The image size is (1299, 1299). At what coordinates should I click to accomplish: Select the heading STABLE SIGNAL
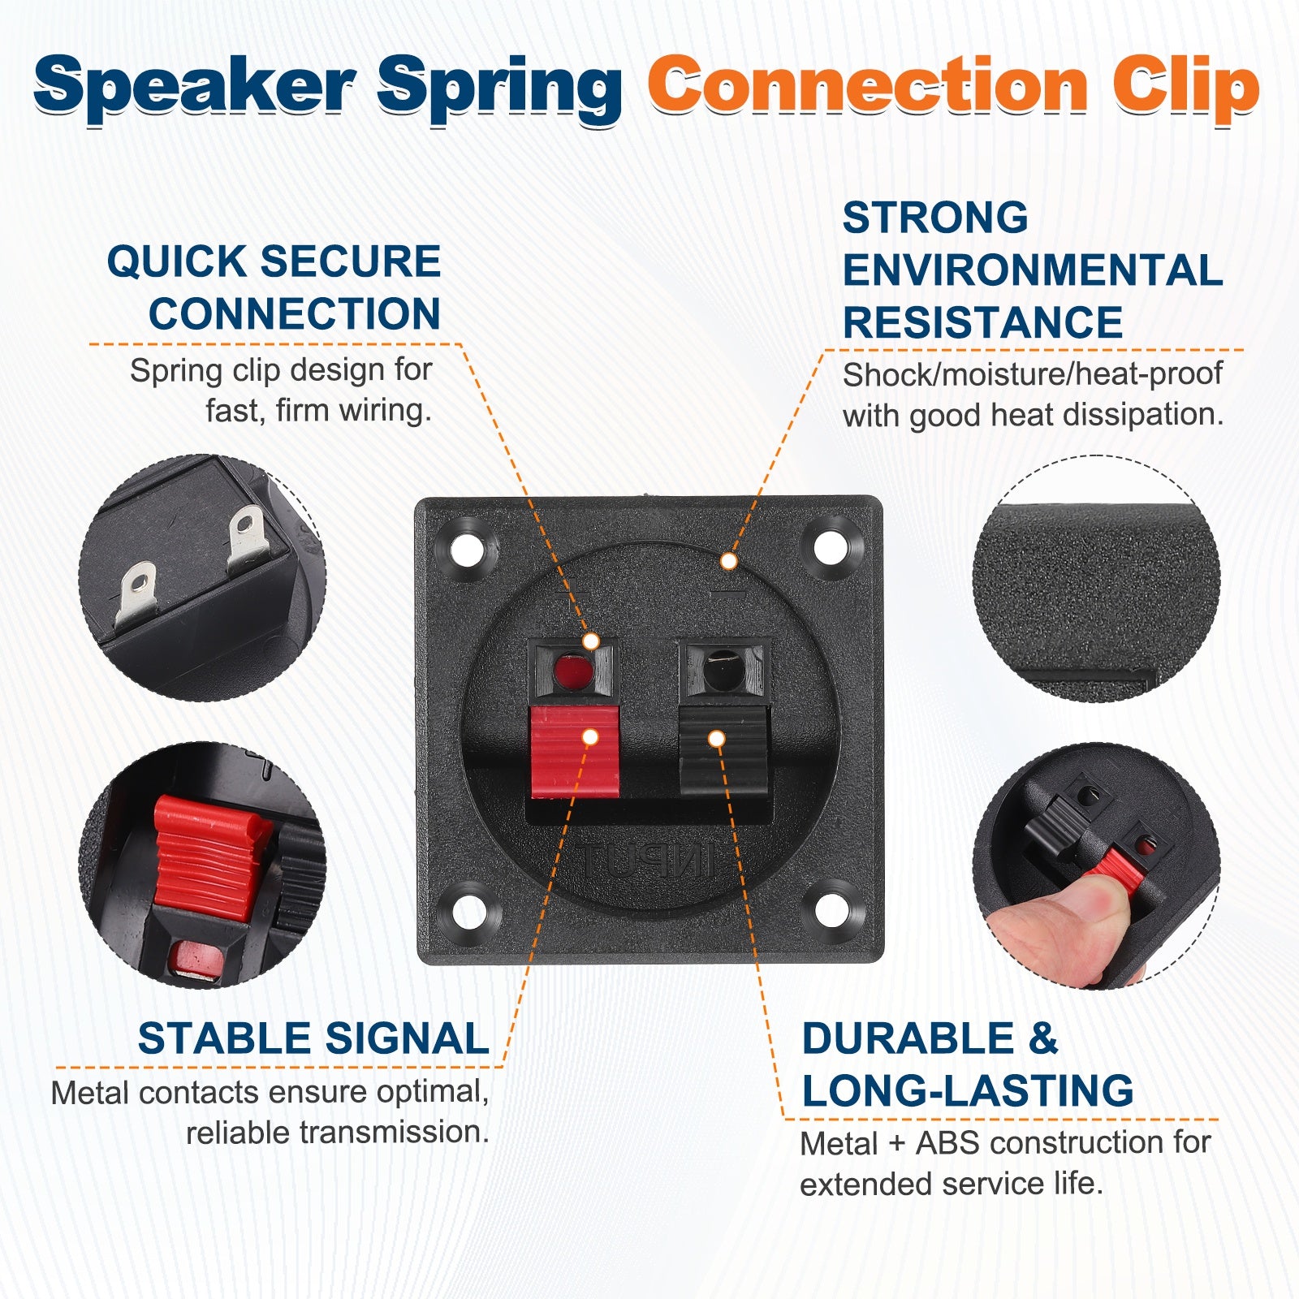coord(313,1038)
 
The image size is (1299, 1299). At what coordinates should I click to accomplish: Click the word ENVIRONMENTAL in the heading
coord(1032,270)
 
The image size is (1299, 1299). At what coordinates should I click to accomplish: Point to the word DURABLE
coord(908,1038)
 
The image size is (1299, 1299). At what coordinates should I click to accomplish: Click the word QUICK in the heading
coord(176,261)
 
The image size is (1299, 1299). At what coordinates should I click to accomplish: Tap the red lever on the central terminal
coord(574,751)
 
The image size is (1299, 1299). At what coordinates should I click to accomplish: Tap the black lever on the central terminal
coord(723,751)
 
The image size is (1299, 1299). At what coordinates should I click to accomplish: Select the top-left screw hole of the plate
coord(467,550)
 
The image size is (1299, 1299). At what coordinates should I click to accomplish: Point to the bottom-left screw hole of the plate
coord(468,911)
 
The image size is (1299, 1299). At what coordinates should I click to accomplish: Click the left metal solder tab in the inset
coord(136,593)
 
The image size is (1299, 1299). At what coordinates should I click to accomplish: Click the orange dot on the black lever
coord(716,739)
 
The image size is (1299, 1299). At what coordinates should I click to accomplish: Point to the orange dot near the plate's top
coord(729,561)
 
